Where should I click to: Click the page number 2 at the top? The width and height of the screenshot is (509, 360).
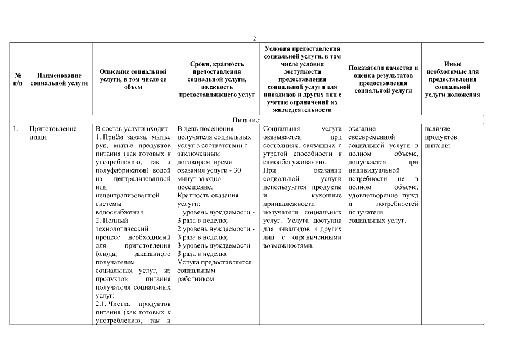[x=254, y=38]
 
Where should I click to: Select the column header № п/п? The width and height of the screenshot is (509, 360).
[x=18, y=79]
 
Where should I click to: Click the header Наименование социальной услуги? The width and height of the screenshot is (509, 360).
[x=59, y=79]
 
